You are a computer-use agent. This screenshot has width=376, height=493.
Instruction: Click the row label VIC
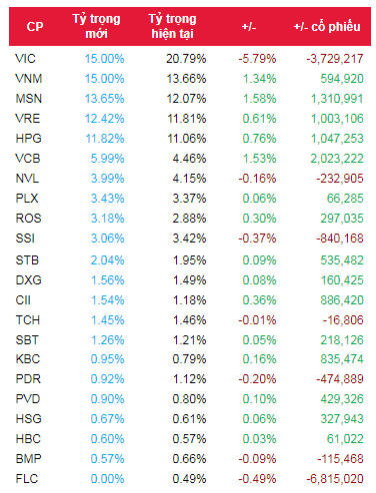pos(27,59)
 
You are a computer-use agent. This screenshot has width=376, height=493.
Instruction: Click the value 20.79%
pos(185,59)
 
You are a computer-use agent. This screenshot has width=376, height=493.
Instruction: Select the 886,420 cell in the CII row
pos(339,305)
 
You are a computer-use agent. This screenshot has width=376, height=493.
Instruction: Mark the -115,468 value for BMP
pos(336,458)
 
